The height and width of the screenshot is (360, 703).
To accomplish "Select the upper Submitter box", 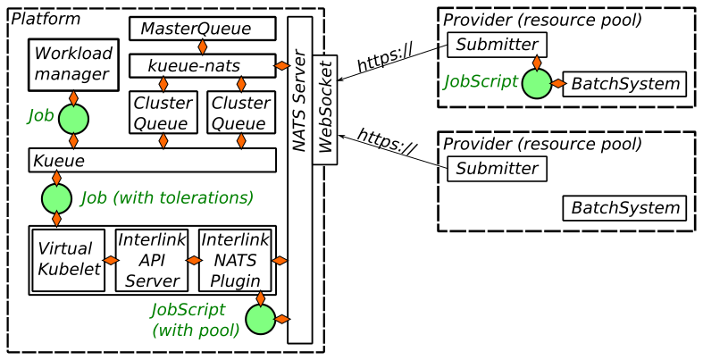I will click(x=497, y=45).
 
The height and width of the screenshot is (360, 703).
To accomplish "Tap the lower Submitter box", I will click(x=497, y=169).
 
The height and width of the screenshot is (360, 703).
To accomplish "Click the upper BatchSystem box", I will click(x=625, y=84).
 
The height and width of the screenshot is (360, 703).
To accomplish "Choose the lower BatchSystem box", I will click(x=625, y=208).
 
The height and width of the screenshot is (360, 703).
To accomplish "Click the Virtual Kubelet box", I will click(x=69, y=260).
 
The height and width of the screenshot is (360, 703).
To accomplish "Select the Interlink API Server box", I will click(x=152, y=260).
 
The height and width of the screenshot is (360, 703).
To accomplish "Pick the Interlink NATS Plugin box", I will click(x=235, y=260).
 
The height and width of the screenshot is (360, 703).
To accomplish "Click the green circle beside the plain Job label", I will click(x=73, y=119).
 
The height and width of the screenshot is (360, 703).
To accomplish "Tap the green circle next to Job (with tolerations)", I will click(x=56, y=198).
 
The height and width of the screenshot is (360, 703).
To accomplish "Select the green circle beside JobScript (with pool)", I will click(x=260, y=319).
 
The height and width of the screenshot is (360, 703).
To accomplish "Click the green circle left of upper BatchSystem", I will click(x=536, y=84).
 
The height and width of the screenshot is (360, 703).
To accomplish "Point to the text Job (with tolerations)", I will click(x=167, y=197).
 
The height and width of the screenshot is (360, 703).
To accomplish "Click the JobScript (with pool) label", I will click(x=195, y=320).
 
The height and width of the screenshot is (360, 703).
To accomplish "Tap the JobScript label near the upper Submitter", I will click(x=481, y=82).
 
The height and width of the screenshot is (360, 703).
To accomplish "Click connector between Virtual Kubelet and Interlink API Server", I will click(x=111, y=260).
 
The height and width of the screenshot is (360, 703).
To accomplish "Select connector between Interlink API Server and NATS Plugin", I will click(x=194, y=260).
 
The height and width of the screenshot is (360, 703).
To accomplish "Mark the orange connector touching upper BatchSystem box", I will click(x=558, y=84).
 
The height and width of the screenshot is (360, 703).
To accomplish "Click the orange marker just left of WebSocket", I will click(x=281, y=65).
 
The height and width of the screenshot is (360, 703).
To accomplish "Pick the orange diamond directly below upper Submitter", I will click(x=536, y=63).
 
